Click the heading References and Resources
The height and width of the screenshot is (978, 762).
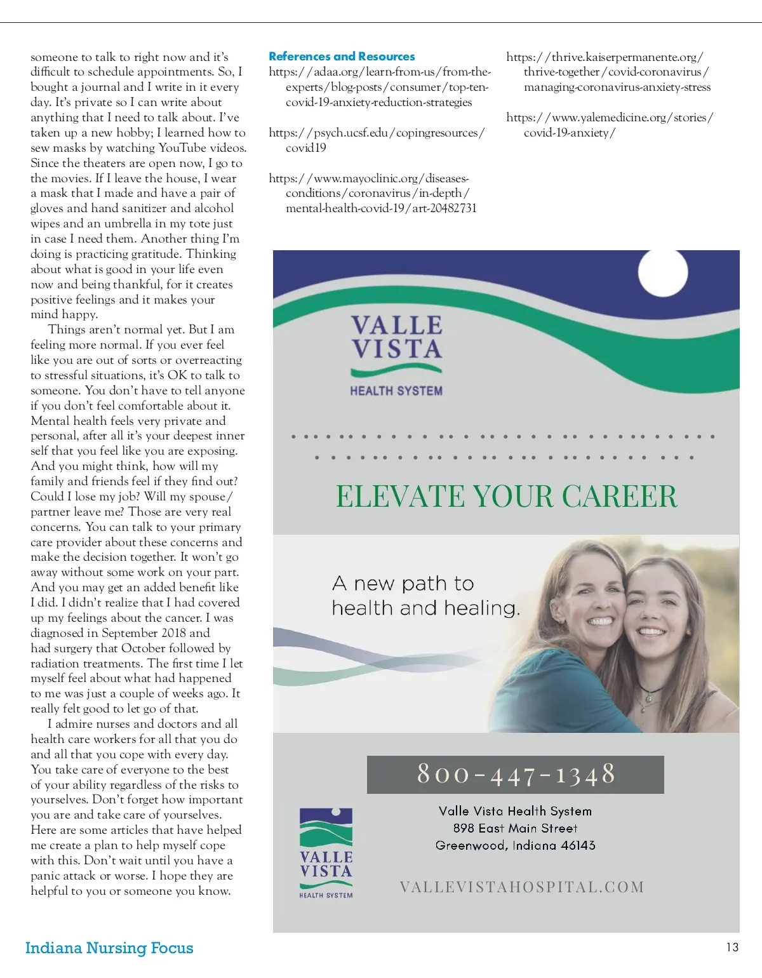[342, 57]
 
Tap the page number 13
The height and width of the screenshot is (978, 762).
[732, 947]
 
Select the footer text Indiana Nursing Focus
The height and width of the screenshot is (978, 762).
[109, 948]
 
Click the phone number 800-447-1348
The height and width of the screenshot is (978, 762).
[516, 774]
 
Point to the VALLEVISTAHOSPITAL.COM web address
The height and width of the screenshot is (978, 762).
[522, 887]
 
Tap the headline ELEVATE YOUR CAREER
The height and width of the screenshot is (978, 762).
[506, 497]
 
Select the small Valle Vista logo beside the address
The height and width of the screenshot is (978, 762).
[326, 853]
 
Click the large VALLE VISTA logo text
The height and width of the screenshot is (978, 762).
[397, 337]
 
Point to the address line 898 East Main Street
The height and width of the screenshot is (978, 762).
[515, 828]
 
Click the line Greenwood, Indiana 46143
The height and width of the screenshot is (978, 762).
[515, 845]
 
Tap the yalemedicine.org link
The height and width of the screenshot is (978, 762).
[610, 125]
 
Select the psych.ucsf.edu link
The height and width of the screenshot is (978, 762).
[376, 140]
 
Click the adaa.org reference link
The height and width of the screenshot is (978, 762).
[379, 87]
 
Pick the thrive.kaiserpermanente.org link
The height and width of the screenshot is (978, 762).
[608, 72]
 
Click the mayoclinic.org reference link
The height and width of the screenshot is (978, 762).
[373, 193]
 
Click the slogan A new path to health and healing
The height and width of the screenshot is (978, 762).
[425, 596]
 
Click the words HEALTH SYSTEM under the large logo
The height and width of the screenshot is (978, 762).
[396, 391]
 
